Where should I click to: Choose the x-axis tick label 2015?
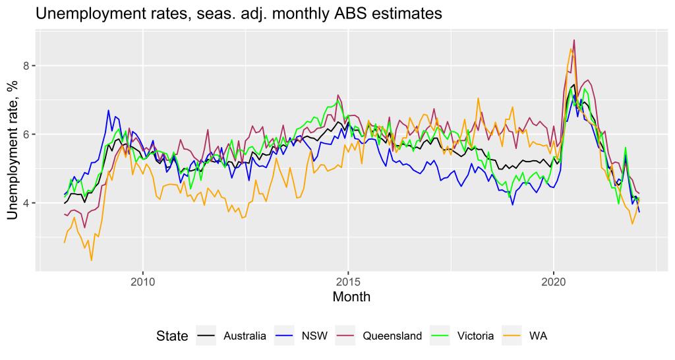click(348, 280)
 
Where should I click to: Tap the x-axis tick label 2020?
click(553, 280)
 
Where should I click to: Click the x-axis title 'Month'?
click(351, 297)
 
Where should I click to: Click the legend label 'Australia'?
click(244, 336)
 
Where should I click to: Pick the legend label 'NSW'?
click(314, 336)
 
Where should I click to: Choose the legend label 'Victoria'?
click(475, 336)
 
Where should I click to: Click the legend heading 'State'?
click(172, 336)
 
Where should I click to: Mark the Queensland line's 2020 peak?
click(574, 40)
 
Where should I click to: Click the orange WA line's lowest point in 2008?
click(91, 260)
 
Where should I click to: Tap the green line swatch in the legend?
click(441, 336)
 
